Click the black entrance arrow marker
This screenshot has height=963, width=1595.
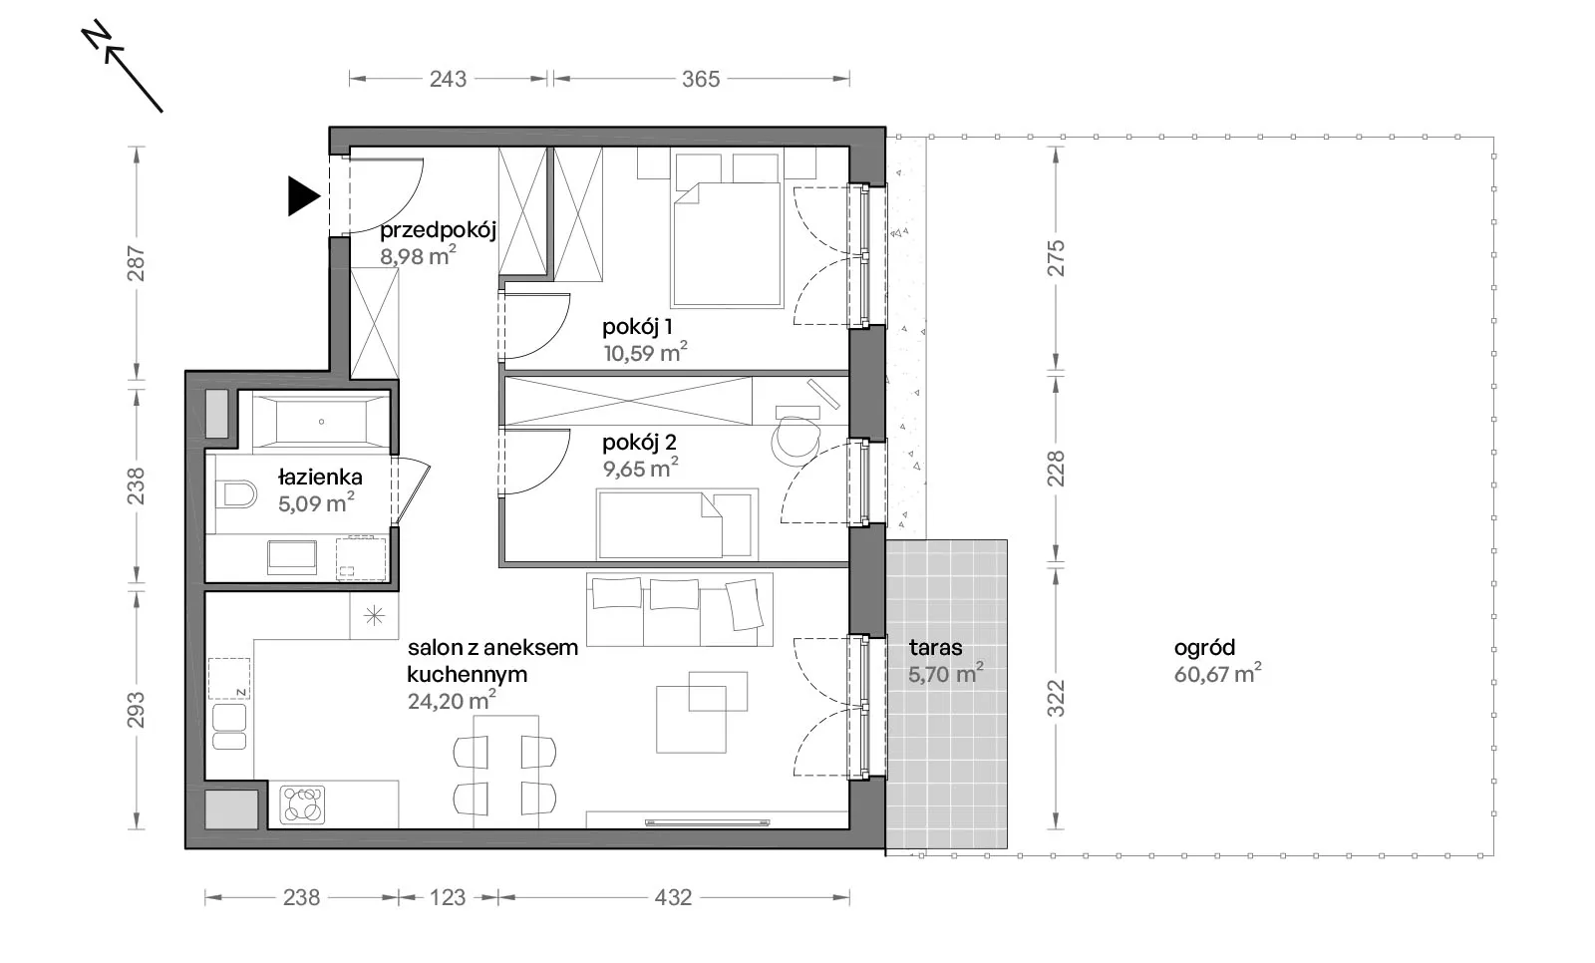(303, 195)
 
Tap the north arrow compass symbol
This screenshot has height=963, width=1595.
(122, 67)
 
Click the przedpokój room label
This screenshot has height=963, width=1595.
(438, 230)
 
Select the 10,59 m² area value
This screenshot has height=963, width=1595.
(645, 352)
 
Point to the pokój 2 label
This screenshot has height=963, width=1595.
(639, 443)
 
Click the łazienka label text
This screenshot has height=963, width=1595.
(320, 477)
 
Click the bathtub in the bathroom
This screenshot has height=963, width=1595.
(321, 422)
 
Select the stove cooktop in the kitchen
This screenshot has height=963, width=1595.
(303, 804)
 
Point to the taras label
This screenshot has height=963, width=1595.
(936, 647)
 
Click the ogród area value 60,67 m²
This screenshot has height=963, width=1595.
(1217, 673)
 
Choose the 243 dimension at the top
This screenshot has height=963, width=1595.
(448, 79)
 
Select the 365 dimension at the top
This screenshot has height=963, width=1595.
(701, 79)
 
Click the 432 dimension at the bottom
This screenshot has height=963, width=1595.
(673, 897)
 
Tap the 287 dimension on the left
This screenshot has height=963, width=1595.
(136, 263)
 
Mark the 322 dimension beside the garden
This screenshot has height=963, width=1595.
(1056, 698)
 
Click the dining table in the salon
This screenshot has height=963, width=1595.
(505, 772)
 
